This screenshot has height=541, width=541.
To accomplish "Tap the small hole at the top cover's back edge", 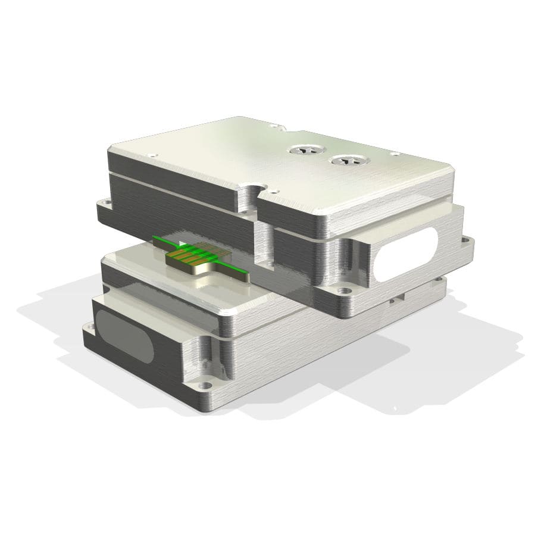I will [x=274, y=126].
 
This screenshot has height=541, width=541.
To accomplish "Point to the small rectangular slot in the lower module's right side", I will [x=395, y=299].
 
